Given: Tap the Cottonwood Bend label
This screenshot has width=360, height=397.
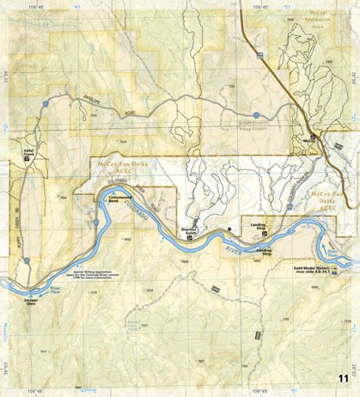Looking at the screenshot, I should point(119,198).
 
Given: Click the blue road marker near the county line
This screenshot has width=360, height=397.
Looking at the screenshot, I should point(256,114).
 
